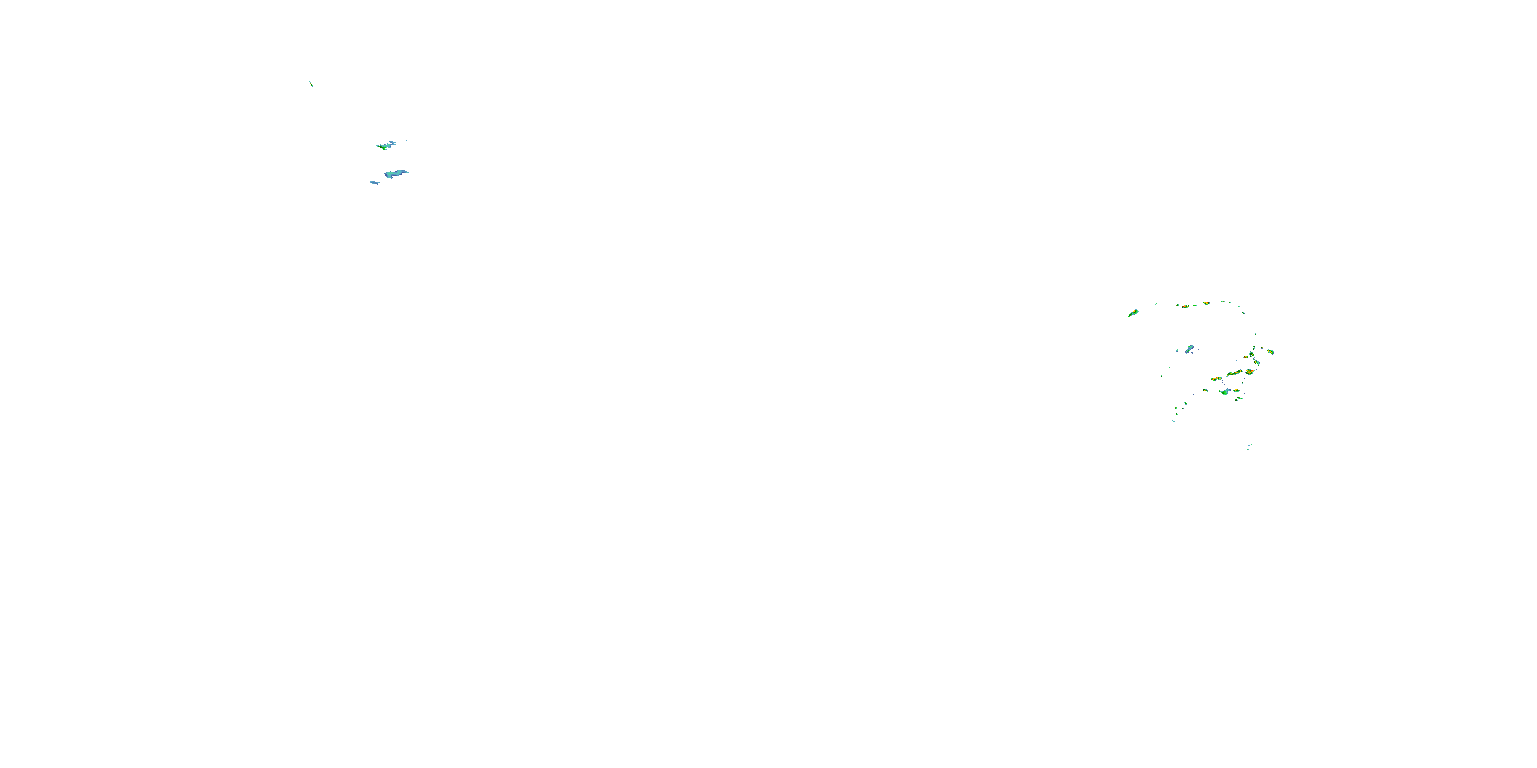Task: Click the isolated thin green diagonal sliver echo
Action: pos(311,84)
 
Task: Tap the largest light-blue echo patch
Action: pos(395,174)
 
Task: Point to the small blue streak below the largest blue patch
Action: pos(375,182)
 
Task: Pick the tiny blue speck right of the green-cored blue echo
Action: pos(407,141)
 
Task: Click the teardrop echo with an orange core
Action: pos(1134,313)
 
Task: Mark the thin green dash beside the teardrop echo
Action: pos(1156,304)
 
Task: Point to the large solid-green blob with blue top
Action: pos(1226,392)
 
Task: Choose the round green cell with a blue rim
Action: pos(1251,355)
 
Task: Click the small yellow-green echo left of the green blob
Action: pos(1205,390)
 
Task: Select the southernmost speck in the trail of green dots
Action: pos(1174,421)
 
